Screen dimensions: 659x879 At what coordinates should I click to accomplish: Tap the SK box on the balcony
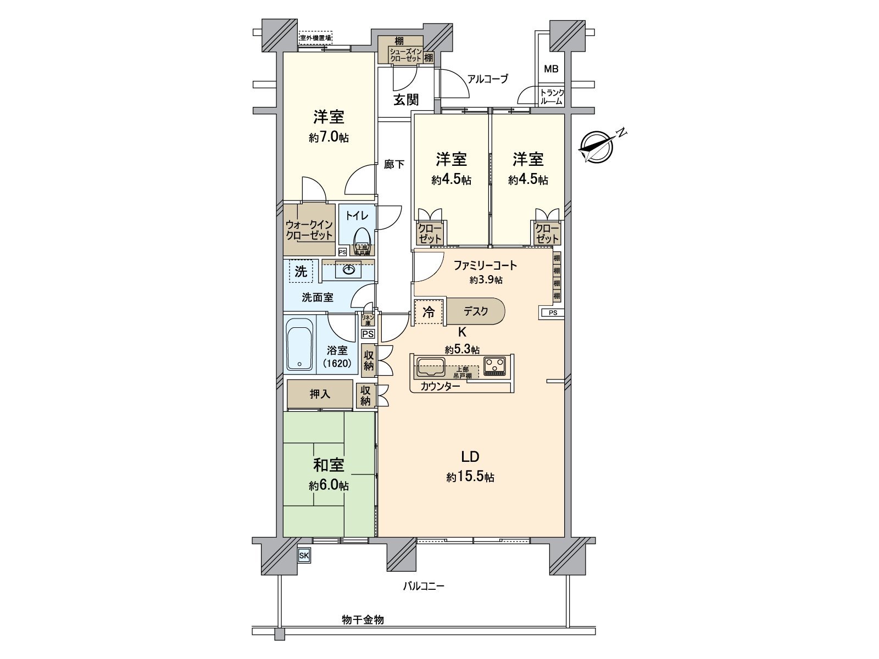point(304,556)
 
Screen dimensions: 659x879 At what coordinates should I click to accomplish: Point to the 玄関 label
point(406,99)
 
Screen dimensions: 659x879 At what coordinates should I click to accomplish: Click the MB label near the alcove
point(550,69)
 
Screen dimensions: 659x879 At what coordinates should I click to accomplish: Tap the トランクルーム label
point(551,97)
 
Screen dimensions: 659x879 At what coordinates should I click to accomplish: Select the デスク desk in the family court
point(476,311)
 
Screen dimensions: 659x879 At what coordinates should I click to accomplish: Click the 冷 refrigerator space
point(429,312)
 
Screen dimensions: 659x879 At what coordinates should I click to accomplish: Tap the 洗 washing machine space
point(301,271)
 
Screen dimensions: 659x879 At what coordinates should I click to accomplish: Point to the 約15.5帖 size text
point(470,477)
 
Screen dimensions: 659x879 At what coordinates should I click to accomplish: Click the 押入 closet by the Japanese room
point(320,394)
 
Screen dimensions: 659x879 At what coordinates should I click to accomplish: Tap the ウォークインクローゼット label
point(309,230)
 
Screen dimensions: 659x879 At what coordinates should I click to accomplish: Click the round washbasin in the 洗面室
point(348,270)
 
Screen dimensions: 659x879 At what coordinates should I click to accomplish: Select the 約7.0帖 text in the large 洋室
point(329,137)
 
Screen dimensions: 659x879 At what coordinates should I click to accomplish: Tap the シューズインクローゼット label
point(405,55)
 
